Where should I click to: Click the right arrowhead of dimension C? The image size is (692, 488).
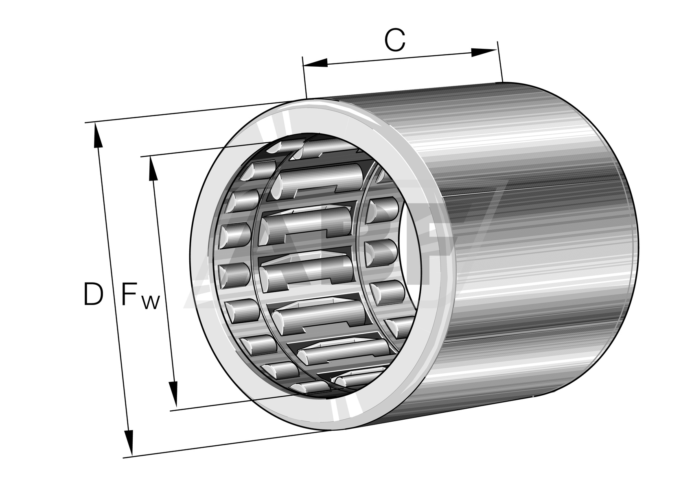tap(484, 52)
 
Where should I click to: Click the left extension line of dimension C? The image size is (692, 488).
tap(304, 77)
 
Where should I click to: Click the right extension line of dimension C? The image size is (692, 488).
tap(500, 61)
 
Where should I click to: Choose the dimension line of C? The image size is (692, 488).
tap(399, 57)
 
